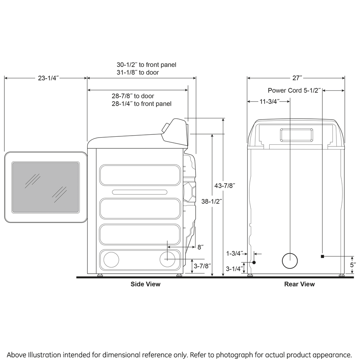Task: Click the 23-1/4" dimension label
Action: point(48,79)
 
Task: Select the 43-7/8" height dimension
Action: point(225,186)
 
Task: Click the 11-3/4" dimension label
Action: point(269,102)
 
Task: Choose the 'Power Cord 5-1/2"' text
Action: point(294,91)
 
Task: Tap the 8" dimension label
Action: point(201,247)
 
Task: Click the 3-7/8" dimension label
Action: point(202,266)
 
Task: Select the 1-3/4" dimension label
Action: point(235,253)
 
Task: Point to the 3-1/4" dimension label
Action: point(234,269)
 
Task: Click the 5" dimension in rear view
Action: point(352,265)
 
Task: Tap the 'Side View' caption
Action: point(146,284)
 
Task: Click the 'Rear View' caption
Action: point(299,284)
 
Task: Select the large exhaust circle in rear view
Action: point(290,261)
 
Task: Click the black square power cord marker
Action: point(322,256)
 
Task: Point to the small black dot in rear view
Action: point(254,262)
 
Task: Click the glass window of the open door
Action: point(45,187)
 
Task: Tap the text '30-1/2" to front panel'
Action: point(146,65)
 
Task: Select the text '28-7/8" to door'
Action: point(133,96)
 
